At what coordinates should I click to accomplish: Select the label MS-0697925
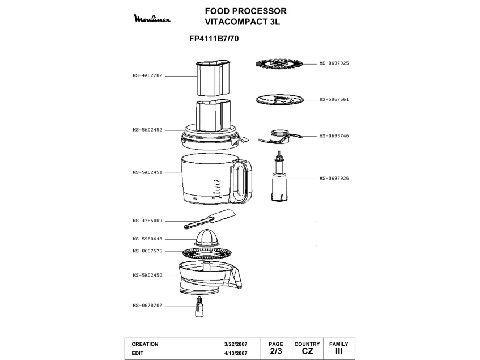(x=334, y=63)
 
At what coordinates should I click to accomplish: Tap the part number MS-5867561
(x=334, y=99)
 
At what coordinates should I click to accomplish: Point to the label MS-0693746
(x=334, y=136)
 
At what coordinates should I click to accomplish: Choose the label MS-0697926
(x=334, y=179)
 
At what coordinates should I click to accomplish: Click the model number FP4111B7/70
(x=213, y=40)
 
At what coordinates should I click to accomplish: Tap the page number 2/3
(x=275, y=351)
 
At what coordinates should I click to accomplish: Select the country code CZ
(x=307, y=351)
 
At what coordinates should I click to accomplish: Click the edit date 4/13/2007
(x=236, y=353)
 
